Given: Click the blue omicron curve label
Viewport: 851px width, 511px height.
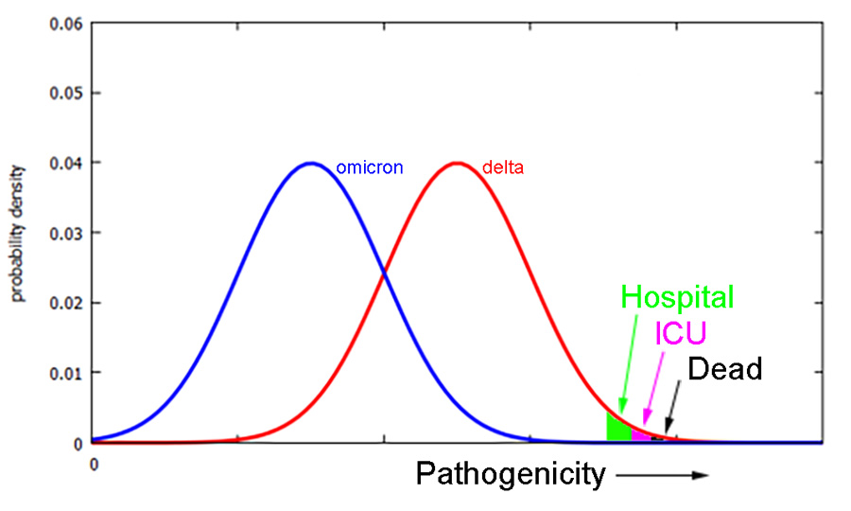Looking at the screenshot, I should (369, 168).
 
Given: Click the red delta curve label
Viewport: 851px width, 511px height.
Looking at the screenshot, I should (502, 168).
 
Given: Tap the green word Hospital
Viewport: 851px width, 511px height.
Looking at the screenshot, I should (677, 297).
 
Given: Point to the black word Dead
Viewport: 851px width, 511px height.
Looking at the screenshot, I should (724, 369).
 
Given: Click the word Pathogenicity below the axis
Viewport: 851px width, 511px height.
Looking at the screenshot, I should (511, 474).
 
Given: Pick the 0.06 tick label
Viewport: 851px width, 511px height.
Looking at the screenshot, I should (67, 23).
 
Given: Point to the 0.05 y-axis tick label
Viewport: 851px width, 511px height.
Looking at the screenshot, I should (67, 93).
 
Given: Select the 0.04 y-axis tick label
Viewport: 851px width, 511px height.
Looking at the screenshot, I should (67, 163).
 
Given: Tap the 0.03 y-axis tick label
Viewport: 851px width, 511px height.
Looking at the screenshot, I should (67, 233).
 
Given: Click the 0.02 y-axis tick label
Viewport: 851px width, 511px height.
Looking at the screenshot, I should (67, 303).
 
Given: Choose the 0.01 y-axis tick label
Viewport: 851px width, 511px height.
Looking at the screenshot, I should (67, 373).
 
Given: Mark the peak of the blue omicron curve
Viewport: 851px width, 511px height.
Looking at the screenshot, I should (311, 164).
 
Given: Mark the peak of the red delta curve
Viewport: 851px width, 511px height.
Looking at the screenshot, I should (458, 164).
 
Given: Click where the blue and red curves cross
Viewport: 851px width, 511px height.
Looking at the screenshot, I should (384, 274).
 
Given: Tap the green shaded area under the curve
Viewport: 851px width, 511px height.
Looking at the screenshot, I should (617, 429).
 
